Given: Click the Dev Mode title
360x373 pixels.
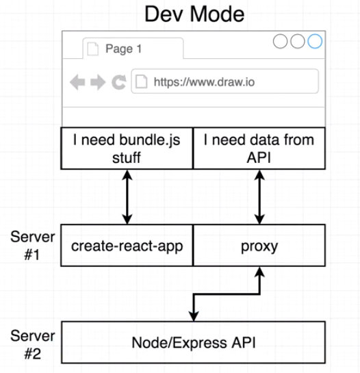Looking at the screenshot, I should click(194, 14).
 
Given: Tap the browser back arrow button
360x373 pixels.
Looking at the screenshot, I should click(77, 82).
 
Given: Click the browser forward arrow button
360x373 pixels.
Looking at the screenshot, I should click(98, 82).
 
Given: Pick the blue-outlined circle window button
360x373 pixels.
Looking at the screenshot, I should click(314, 42).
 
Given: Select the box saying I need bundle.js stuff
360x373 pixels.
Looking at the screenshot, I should click(127, 147).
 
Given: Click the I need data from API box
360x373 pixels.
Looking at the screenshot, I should click(259, 147).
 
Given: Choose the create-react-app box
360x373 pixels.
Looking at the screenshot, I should click(127, 245).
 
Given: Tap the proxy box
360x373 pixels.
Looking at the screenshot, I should click(259, 245).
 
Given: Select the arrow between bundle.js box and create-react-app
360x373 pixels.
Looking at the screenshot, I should click(127, 196).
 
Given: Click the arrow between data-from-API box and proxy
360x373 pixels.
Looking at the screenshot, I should click(259, 196).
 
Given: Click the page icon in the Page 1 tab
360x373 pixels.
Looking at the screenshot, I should click(94, 49).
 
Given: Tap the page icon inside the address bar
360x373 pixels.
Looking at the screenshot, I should click(142, 82).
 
